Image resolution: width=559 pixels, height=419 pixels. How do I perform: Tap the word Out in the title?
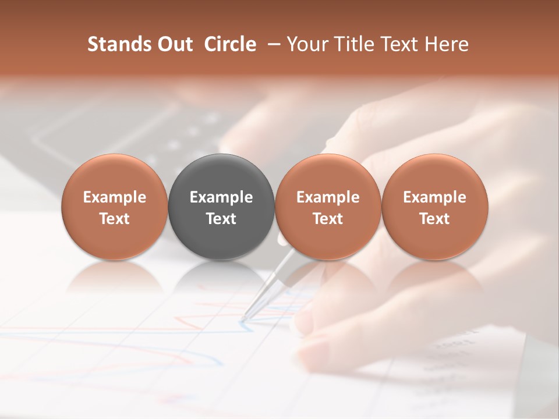point(174,44)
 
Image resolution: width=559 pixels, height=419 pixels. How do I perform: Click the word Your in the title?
point(306,44)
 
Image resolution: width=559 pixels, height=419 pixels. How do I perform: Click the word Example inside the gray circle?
point(221,197)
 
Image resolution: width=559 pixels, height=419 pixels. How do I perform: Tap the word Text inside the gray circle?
point(221,219)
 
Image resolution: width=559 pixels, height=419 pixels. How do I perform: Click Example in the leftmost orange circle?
point(115,197)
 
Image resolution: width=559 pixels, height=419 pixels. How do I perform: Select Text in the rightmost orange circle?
point(434,219)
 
